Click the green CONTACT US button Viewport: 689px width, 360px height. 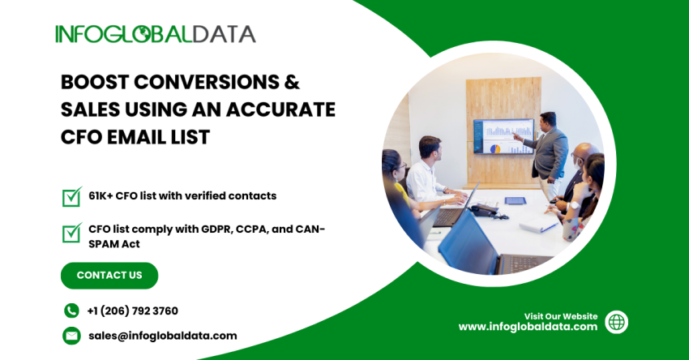point(109,276)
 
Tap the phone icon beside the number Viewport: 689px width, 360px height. point(71,311)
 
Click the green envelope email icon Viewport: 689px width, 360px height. point(71,336)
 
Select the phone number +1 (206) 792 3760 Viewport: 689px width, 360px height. point(132,311)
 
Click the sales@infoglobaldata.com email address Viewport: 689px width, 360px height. point(163,336)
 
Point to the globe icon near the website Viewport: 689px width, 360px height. point(617,322)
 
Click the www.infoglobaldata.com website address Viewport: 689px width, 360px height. point(528,327)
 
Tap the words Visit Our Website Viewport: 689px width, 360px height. point(561,316)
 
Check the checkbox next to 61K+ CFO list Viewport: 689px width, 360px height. point(72,196)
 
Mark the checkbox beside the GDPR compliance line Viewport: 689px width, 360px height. point(72,233)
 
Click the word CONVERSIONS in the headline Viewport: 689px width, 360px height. point(206,82)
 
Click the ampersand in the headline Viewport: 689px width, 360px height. point(292,82)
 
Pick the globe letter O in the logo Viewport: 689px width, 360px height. point(141,34)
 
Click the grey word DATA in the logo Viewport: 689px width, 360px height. point(224,34)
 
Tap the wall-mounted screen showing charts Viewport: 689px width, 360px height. point(503,136)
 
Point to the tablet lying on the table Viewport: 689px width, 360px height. point(515,201)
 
